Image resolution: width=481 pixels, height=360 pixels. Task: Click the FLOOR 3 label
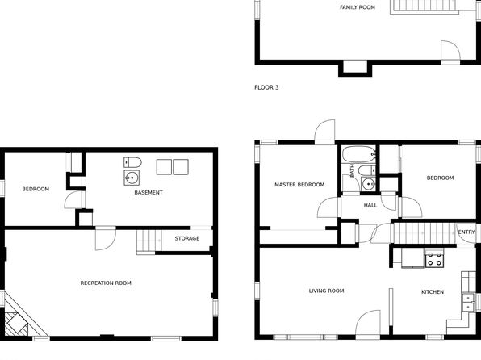coord(266,87)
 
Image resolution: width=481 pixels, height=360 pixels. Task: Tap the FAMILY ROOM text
coord(358,7)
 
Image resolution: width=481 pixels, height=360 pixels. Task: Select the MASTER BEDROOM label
coord(299,185)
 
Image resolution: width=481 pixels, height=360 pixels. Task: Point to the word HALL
coord(370,205)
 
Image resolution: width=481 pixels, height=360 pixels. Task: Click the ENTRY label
coord(466,232)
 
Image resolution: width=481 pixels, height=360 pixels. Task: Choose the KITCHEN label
coord(433,292)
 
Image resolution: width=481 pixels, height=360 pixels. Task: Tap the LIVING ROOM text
coord(326,291)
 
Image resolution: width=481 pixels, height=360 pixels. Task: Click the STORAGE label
coord(187,238)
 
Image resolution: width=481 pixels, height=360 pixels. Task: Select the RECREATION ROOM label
coord(106,283)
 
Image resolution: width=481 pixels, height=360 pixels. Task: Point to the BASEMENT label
coord(148,192)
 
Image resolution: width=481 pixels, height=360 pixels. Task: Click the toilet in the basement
coord(132,162)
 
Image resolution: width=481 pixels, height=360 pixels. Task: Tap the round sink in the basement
coord(132,178)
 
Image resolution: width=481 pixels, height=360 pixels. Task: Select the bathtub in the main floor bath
coord(359,154)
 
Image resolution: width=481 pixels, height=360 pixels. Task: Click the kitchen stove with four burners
coord(434,258)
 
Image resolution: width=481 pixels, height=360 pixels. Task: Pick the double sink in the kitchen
coord(468,303)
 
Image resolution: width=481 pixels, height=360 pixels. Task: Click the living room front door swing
coord(368,324)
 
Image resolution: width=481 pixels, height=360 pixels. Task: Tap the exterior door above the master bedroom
coord(325,132)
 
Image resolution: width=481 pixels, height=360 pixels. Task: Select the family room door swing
coord(450,52)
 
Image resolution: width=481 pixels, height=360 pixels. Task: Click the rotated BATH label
coord(352,170)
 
